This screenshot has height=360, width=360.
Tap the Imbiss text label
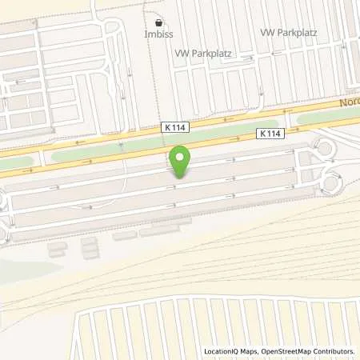158,35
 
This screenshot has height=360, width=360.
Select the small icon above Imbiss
158,22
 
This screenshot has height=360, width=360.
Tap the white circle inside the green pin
180,157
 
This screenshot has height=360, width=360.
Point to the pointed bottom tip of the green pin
180,177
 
